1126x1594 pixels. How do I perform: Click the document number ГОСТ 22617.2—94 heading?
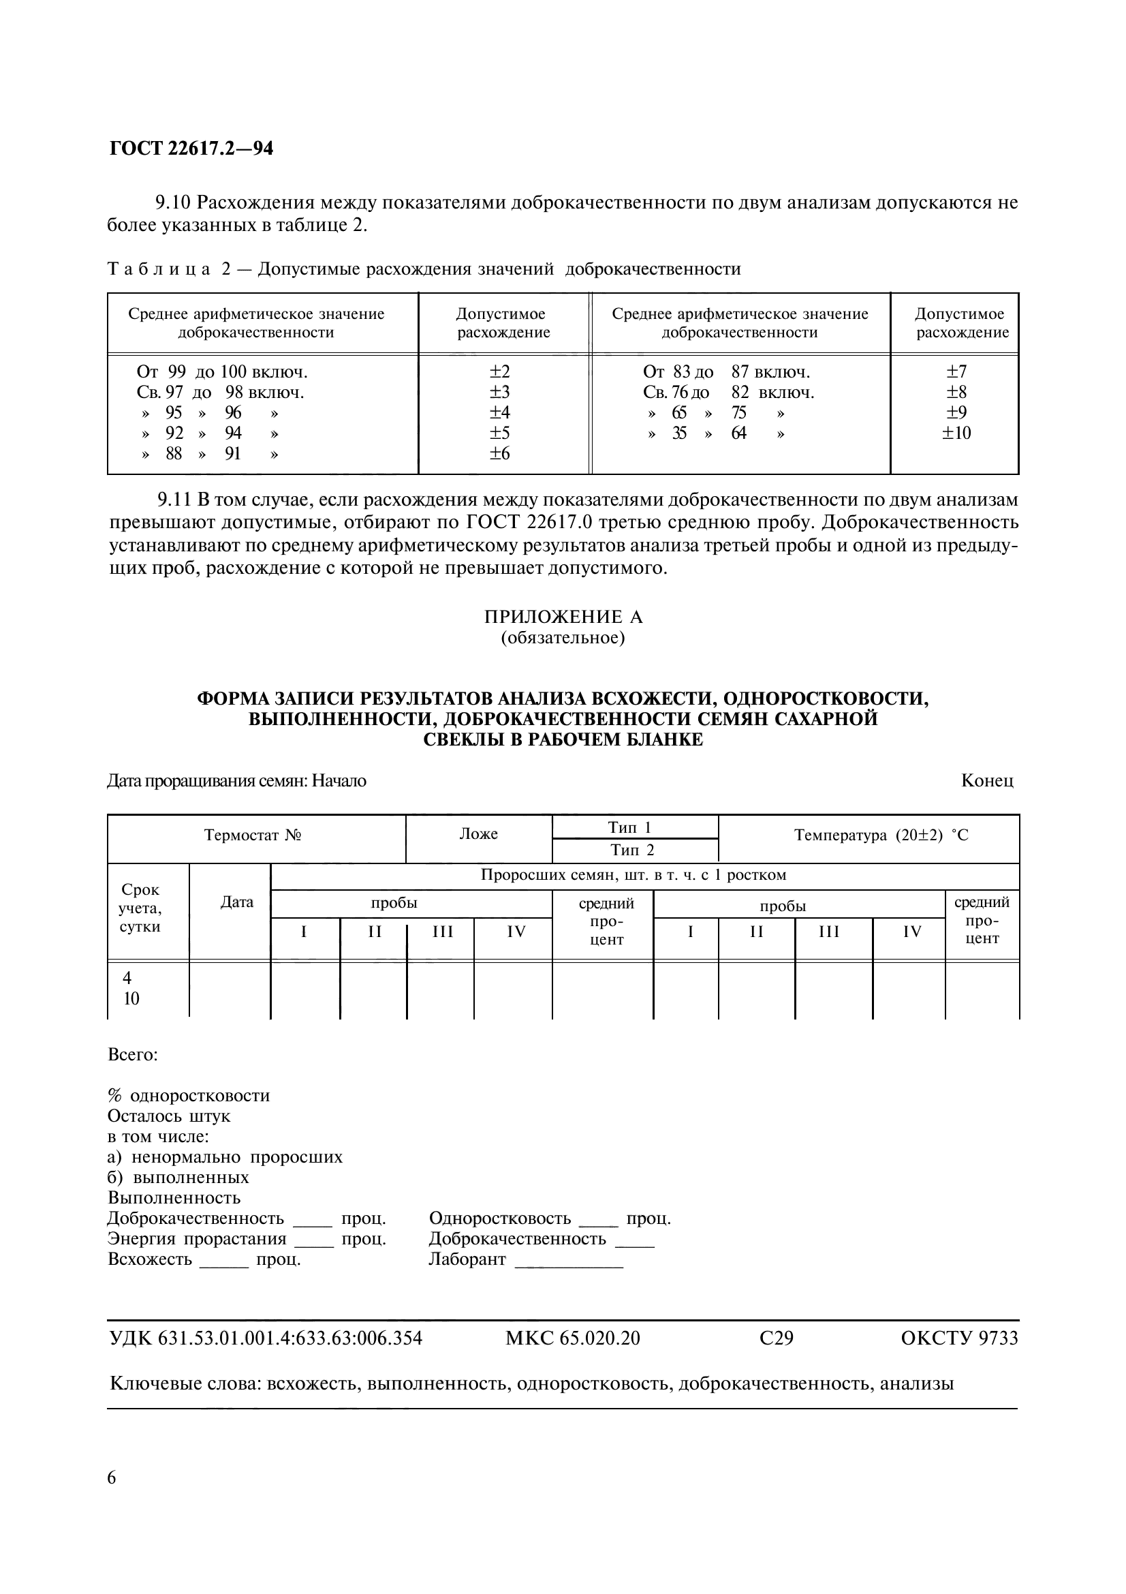[191, 149]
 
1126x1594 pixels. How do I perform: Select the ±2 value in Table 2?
[499, 372]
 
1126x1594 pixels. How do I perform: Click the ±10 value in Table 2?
[956, 433]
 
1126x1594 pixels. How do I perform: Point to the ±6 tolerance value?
[499, 453]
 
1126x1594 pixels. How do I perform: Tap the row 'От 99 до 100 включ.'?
[222, 372]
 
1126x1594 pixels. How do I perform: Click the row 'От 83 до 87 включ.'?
[725, 372]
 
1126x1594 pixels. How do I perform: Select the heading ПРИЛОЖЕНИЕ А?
[563, 617]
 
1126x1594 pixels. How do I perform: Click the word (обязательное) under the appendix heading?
[563, 637]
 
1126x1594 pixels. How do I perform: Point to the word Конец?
[986, 780]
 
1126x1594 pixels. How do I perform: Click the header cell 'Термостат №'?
[253, 835]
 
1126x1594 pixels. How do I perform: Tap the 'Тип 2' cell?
[632, 850]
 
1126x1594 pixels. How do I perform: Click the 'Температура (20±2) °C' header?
[880, 836]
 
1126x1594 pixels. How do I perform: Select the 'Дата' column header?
[236, 902]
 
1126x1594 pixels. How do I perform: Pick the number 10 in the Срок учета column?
[131, 999]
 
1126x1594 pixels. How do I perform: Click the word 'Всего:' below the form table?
[134, 1054]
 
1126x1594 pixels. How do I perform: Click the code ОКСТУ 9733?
[959, 1338]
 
